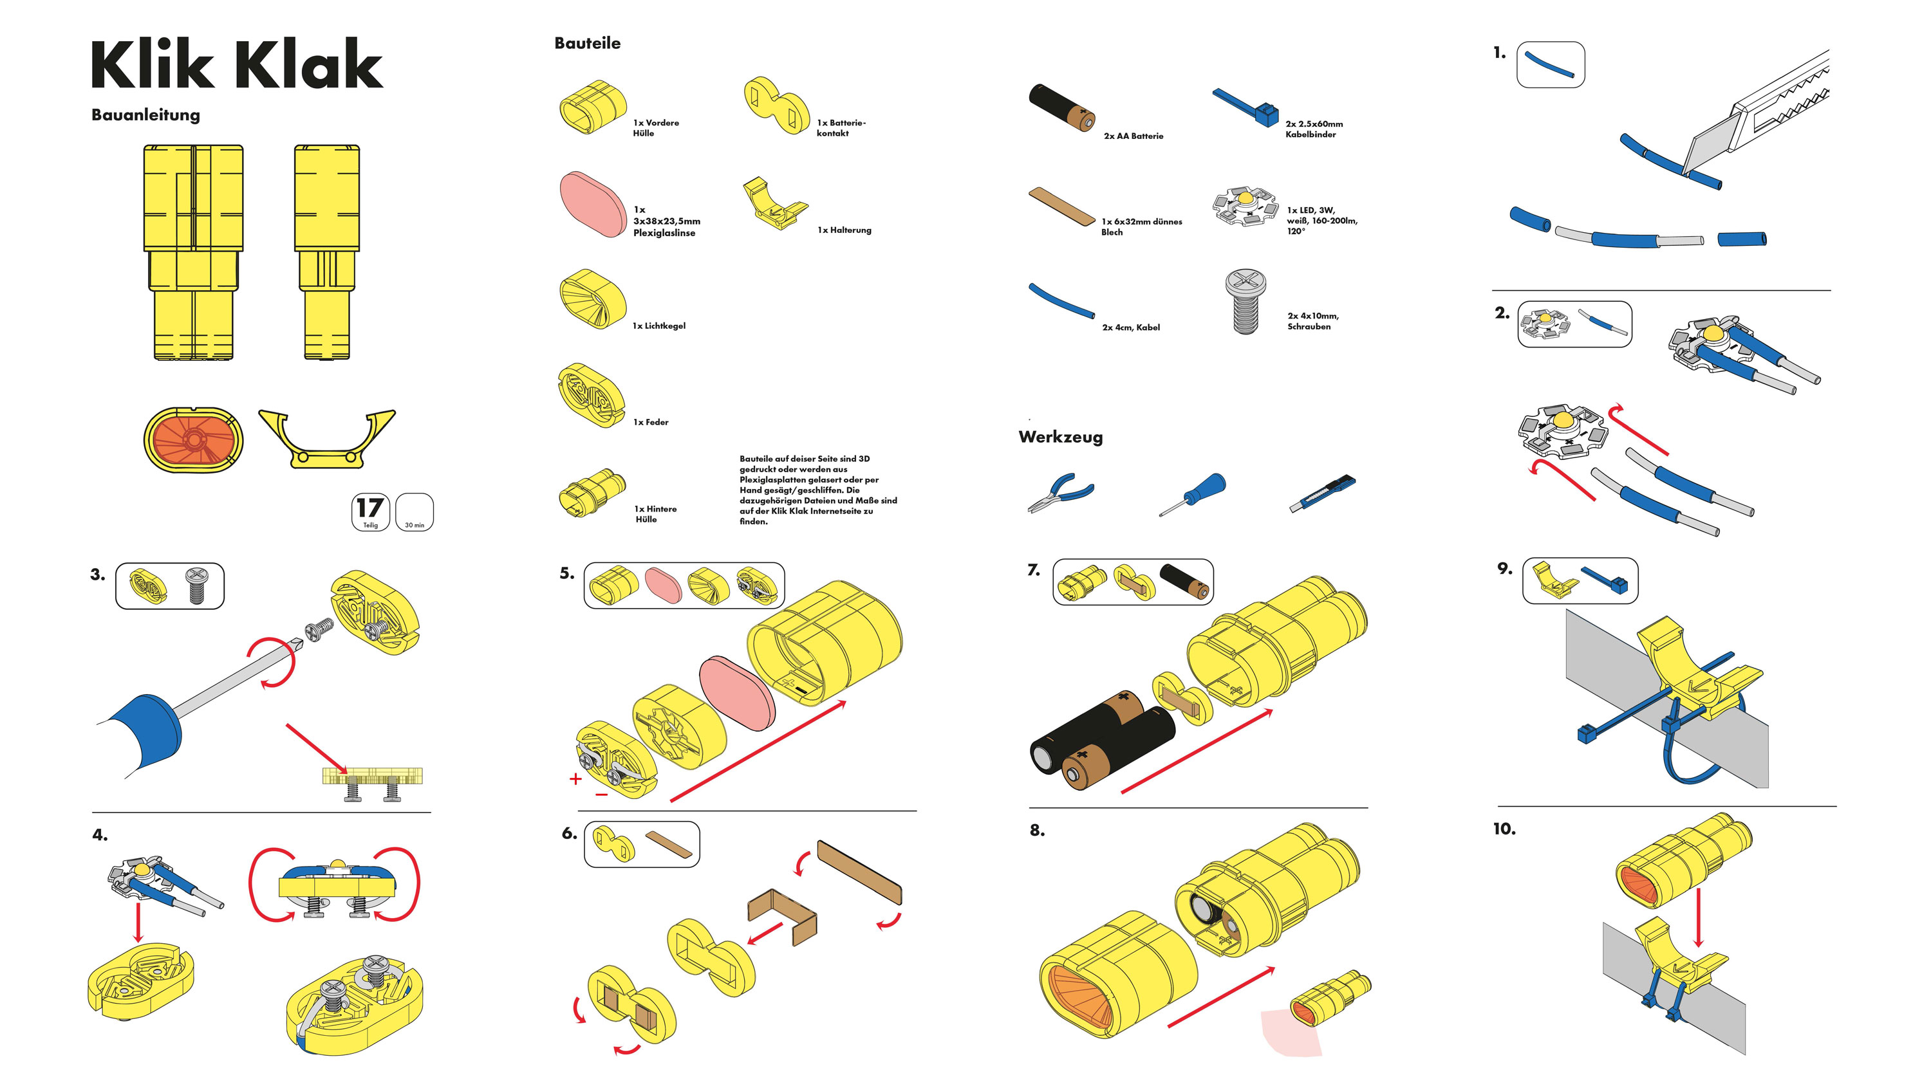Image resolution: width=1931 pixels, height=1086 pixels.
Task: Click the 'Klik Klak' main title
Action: coord(236,64)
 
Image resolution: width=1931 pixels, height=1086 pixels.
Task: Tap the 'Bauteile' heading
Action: coord(587,44)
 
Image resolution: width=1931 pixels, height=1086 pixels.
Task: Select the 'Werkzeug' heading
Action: coord(1060,437)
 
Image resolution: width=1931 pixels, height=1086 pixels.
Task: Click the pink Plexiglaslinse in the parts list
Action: coord(592,204)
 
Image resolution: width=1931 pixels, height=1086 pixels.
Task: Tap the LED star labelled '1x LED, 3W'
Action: coord(1244,205)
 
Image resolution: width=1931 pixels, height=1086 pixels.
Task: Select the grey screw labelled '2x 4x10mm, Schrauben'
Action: coord(1244,301)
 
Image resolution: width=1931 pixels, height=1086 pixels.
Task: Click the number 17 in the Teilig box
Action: coord(369,508)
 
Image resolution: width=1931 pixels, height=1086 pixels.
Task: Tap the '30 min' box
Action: coord(414,513)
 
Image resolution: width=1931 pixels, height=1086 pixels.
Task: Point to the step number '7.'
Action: coord(1034,571)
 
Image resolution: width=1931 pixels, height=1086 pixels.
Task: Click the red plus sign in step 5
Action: coord(575,778)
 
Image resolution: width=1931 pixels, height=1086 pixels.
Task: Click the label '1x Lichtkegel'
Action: coord(659,326)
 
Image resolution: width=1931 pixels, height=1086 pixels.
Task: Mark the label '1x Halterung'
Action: coord(844,230)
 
